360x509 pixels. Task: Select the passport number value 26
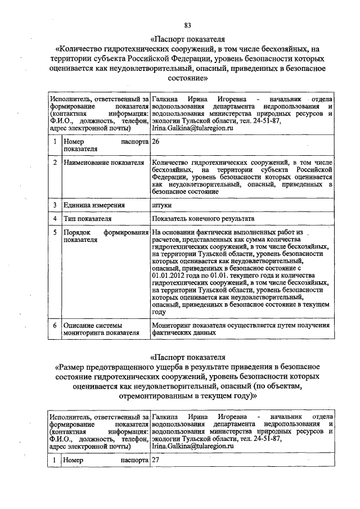(x=156, y=142)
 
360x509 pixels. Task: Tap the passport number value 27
(x=156, y=460)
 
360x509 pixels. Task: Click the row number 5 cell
(x=55, y=232)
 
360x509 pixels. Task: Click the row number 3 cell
(x=55, y=205)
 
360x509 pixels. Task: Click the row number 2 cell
(x=55, y=163)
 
